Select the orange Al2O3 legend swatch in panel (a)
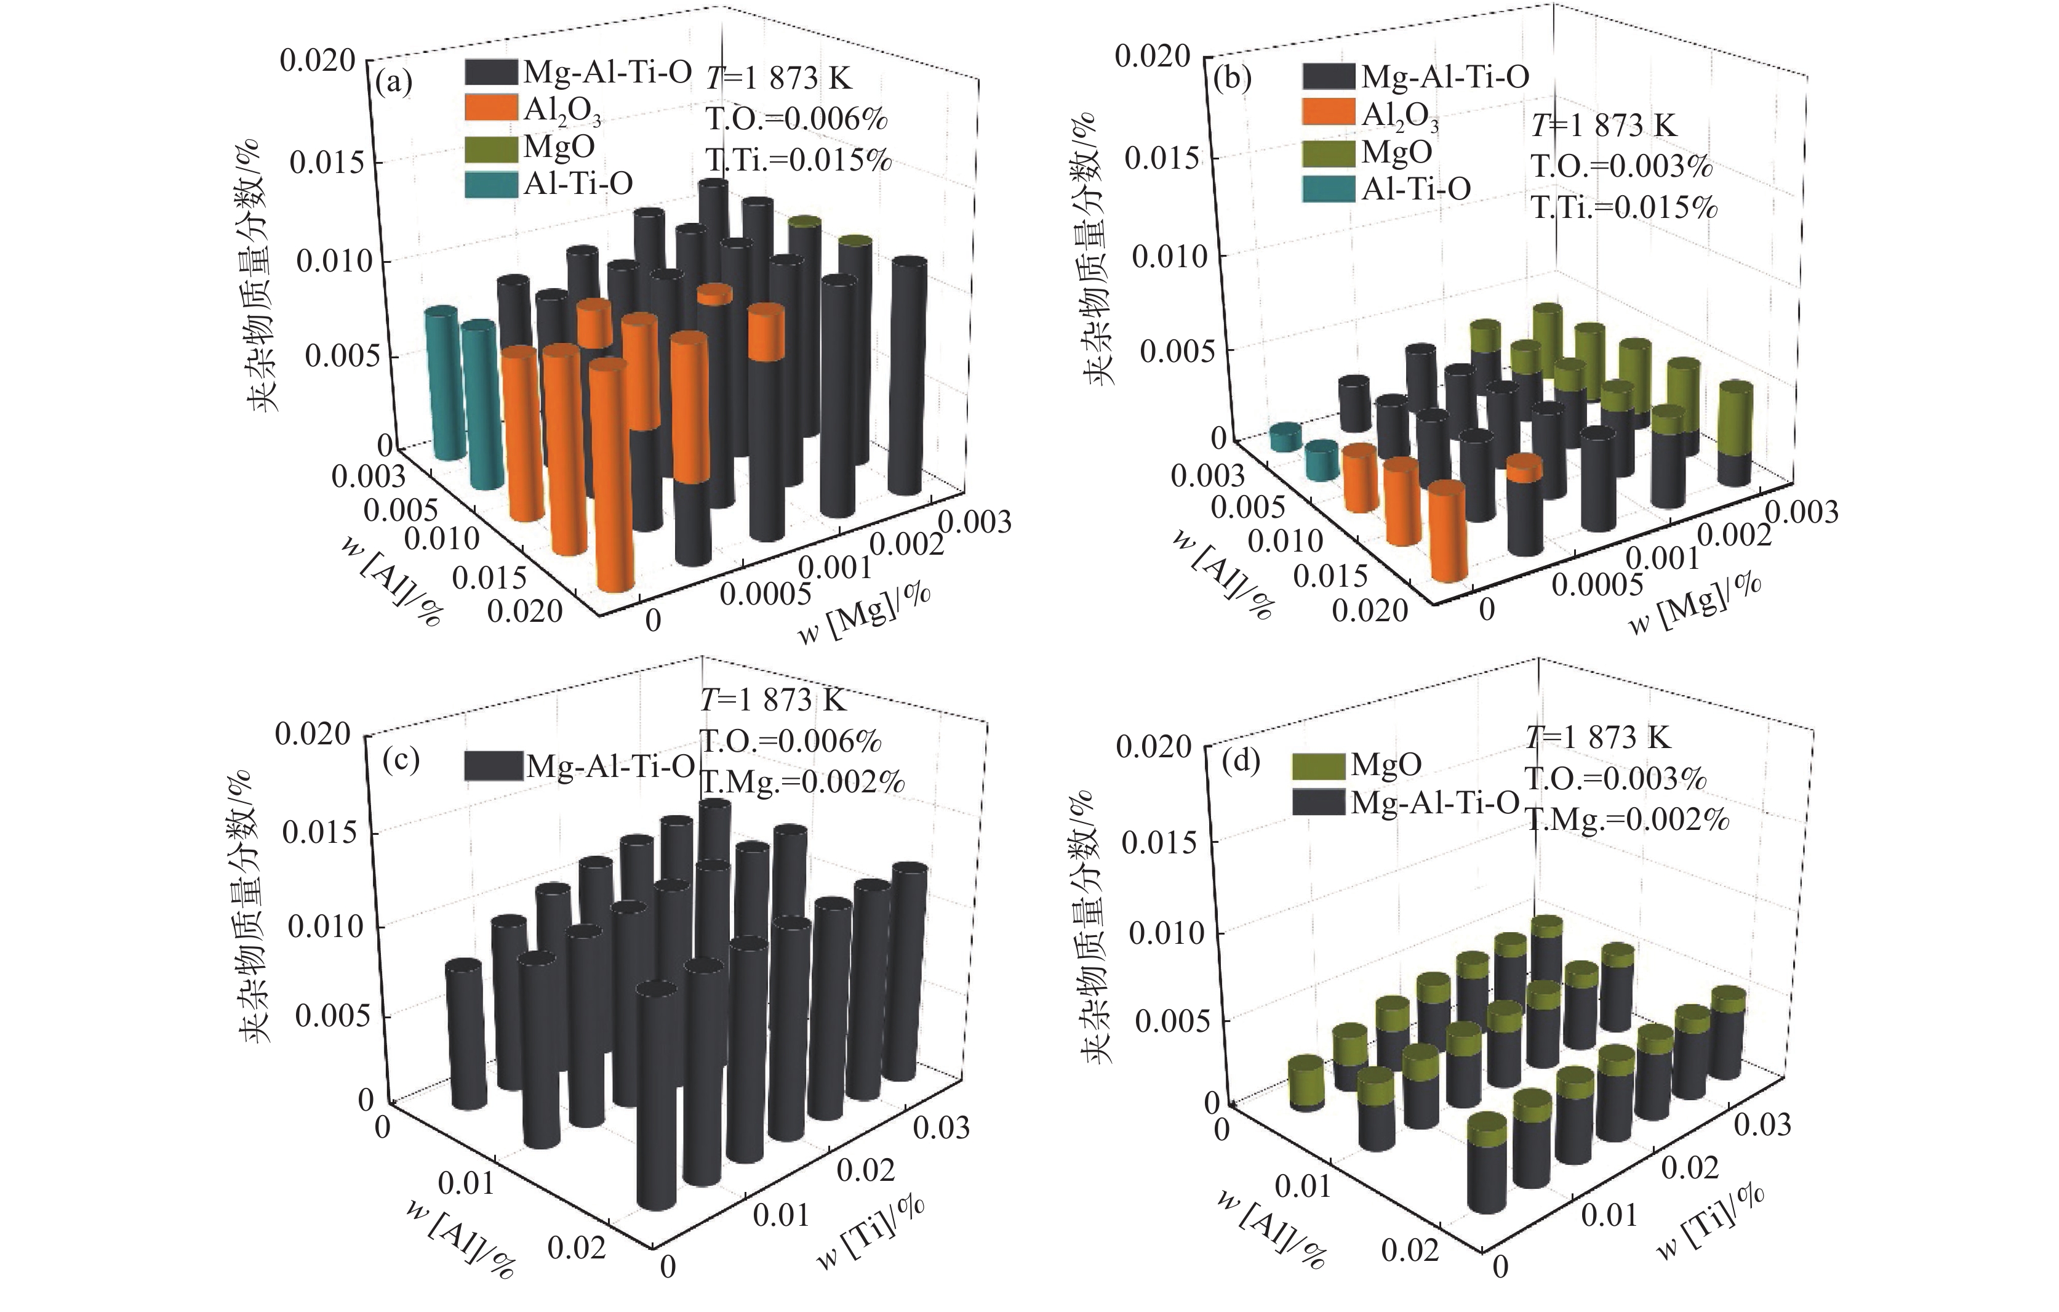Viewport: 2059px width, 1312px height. point(492,108)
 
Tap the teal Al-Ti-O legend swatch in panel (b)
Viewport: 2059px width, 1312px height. point(1329,188)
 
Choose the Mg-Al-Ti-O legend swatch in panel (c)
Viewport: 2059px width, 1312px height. point(494,765)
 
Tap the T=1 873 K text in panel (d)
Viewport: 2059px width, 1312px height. point(1598,737)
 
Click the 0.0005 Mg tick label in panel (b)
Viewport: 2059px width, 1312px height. point(1597,584)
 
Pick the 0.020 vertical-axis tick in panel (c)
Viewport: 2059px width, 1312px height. point(313,734)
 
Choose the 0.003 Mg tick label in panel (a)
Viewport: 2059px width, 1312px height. point(975,521)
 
